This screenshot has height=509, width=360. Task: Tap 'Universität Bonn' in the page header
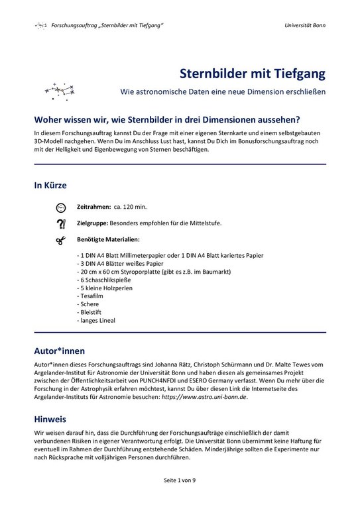pos(304,25)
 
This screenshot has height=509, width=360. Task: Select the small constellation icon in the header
pos(41,25)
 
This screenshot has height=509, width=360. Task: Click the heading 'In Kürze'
pos(50,185)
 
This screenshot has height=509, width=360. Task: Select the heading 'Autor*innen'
pos(60,349)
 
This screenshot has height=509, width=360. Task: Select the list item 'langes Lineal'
pos(96,321)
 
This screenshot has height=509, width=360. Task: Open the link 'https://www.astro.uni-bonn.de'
pos(201,396)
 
